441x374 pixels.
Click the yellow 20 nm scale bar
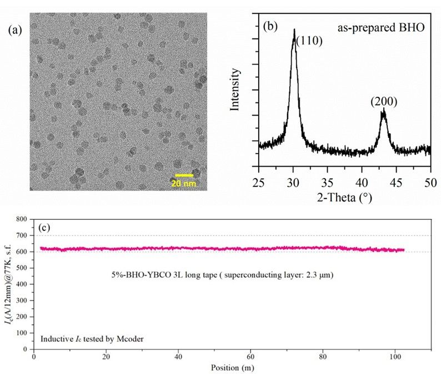tap(184, 175)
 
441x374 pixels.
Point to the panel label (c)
tap(46, 227)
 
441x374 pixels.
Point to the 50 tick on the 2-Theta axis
tap(430, 181)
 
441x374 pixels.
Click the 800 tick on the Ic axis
tap(23, 219)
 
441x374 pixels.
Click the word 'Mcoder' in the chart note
tap(131, 338)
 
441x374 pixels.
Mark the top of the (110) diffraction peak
tap(294, 29)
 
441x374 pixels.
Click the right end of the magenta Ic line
tap(404, 250)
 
